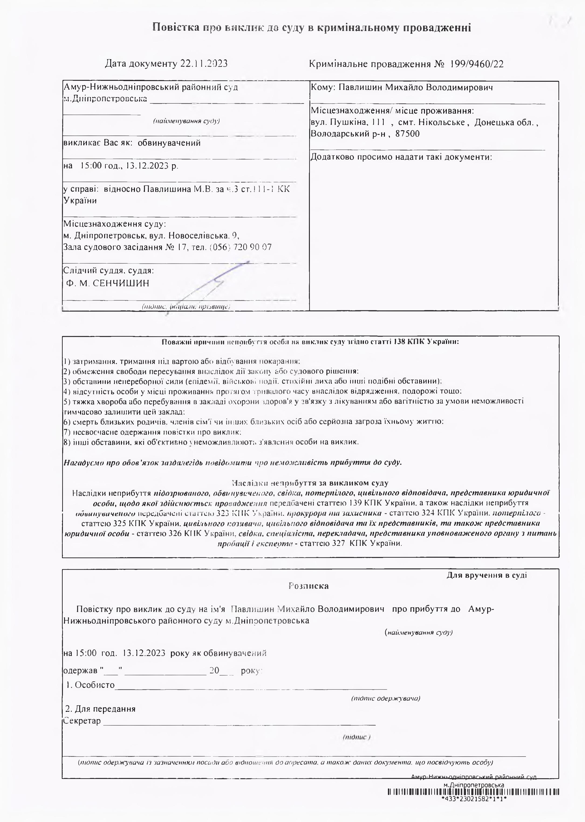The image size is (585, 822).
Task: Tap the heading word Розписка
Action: coord(308,586)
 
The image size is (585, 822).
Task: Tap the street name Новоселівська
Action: coord(198,236)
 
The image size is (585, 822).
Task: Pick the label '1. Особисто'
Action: coord(90,685)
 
